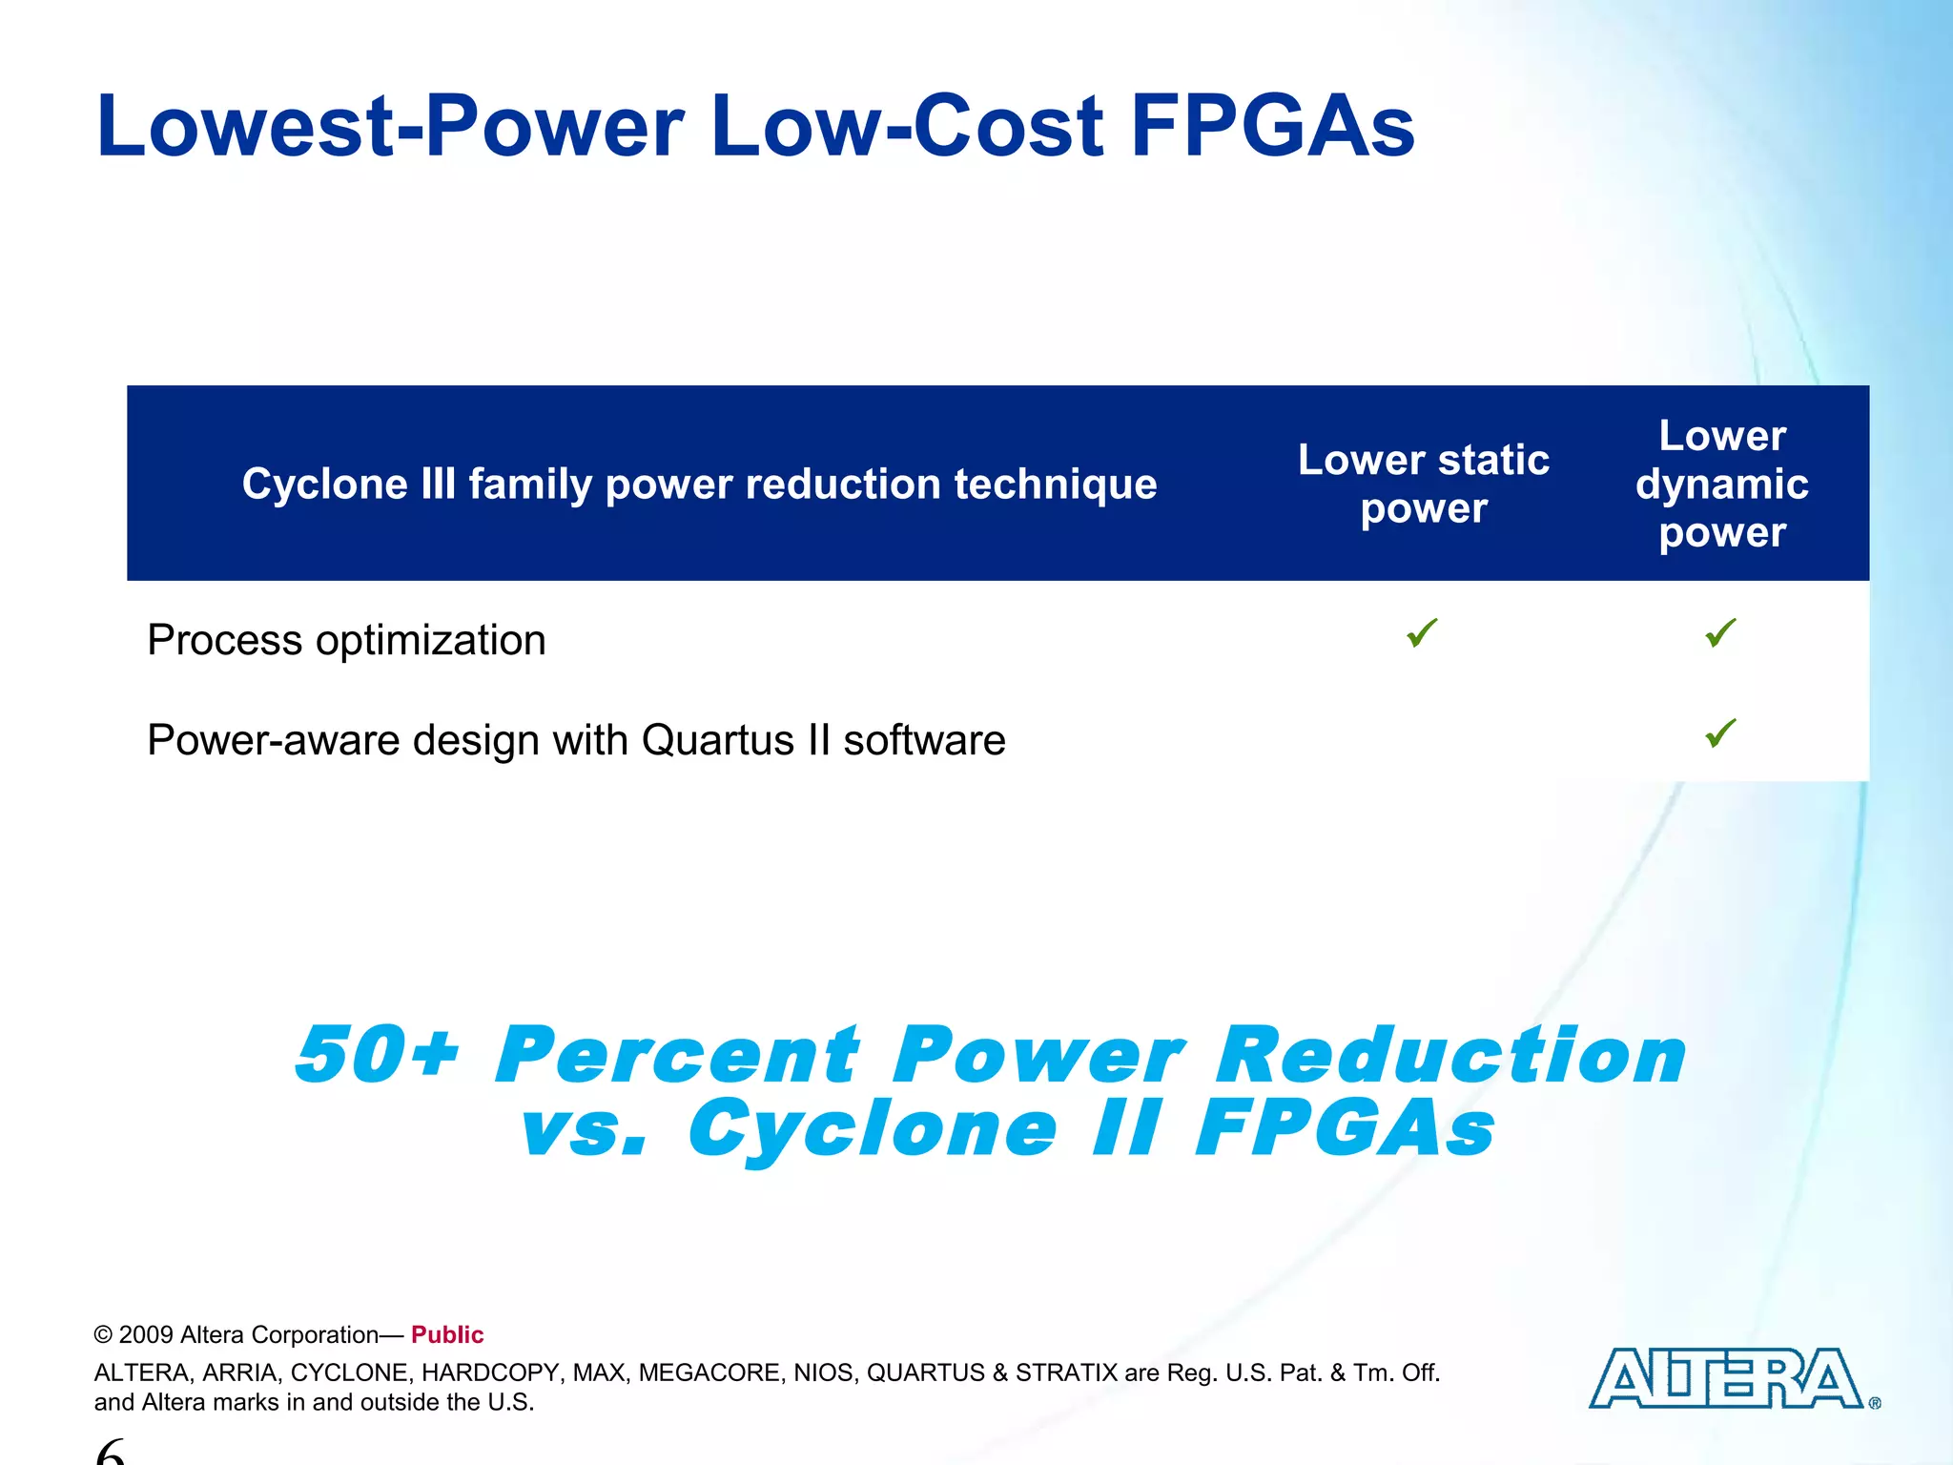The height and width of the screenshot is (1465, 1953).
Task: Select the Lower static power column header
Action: [1423, 484]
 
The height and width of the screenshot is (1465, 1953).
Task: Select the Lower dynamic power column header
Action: [1721, 484]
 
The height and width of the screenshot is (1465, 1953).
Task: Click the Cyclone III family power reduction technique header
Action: [699, 484]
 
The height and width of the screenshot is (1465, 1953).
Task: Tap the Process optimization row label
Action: [346, 640]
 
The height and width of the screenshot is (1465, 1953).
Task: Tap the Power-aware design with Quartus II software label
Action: [576, 740]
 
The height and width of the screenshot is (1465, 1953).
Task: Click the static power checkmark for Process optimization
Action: [1422, 632]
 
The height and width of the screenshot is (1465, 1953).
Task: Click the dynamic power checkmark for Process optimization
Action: [1720, 632]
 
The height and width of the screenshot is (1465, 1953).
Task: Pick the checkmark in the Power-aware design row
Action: [1720, 732]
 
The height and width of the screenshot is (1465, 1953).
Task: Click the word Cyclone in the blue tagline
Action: [873, 1128]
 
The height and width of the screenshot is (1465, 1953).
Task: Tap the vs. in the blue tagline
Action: [584, 1128]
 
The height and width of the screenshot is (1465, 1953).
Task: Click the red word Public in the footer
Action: [447, 1334]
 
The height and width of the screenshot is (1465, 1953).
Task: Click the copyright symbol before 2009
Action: [103, 1335]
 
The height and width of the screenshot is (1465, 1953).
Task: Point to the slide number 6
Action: [111, 1452]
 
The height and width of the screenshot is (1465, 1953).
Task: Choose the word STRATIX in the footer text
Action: [1066, 1372]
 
